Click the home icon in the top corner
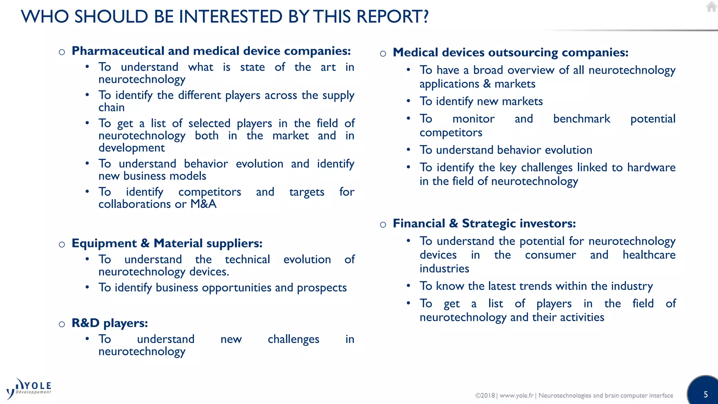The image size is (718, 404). (x=711, y=7)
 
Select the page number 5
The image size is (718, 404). (x=706, y=395)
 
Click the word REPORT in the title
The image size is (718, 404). (x=393, y=16)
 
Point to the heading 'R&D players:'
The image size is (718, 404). (x=109, y=323)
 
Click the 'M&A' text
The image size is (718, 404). (x=203, y=204)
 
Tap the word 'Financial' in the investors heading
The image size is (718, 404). (x=419, y=223)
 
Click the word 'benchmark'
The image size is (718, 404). (x=581, y=119)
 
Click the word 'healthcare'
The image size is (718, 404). (x=649, y=255)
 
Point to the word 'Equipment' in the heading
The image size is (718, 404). (x=104, y=243)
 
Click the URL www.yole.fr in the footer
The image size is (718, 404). (x=516, y=396)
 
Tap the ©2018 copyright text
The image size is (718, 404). (x=485, y=396)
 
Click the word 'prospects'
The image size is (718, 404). (x=321, y=288)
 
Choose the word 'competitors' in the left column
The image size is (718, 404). (x=210, y=192)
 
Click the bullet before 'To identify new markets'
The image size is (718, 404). (x=408, y=101)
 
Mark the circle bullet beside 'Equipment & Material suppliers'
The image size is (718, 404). (x=62, y=244)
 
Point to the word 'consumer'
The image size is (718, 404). (x=550, y=255)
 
